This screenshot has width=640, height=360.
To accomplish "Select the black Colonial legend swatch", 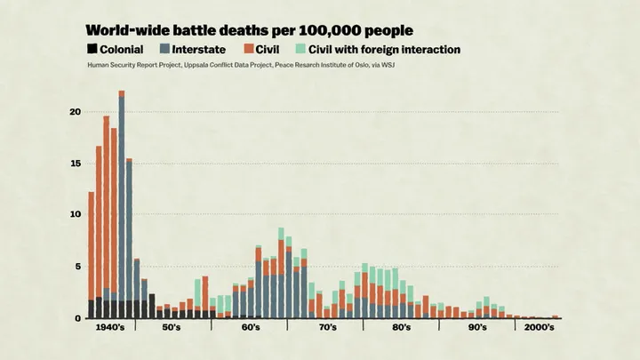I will pos(93,50).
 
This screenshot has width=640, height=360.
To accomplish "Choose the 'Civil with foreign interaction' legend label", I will pos(384,50).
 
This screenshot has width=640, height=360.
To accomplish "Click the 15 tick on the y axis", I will pos(75,164).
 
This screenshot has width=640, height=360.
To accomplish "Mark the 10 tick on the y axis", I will pos(75,215).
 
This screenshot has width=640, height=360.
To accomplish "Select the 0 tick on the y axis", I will pos(76,318).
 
